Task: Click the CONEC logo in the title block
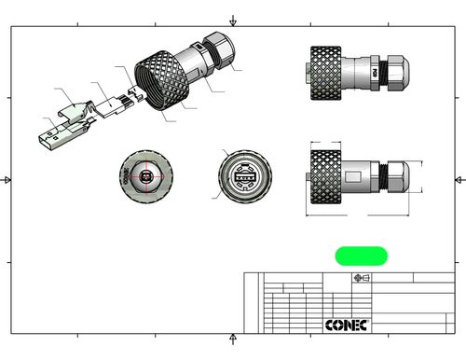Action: tap(347, 324)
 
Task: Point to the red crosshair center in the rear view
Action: tap(144, 175)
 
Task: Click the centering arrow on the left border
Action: tap(7, 178)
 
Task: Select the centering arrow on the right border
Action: tap(458, 178)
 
